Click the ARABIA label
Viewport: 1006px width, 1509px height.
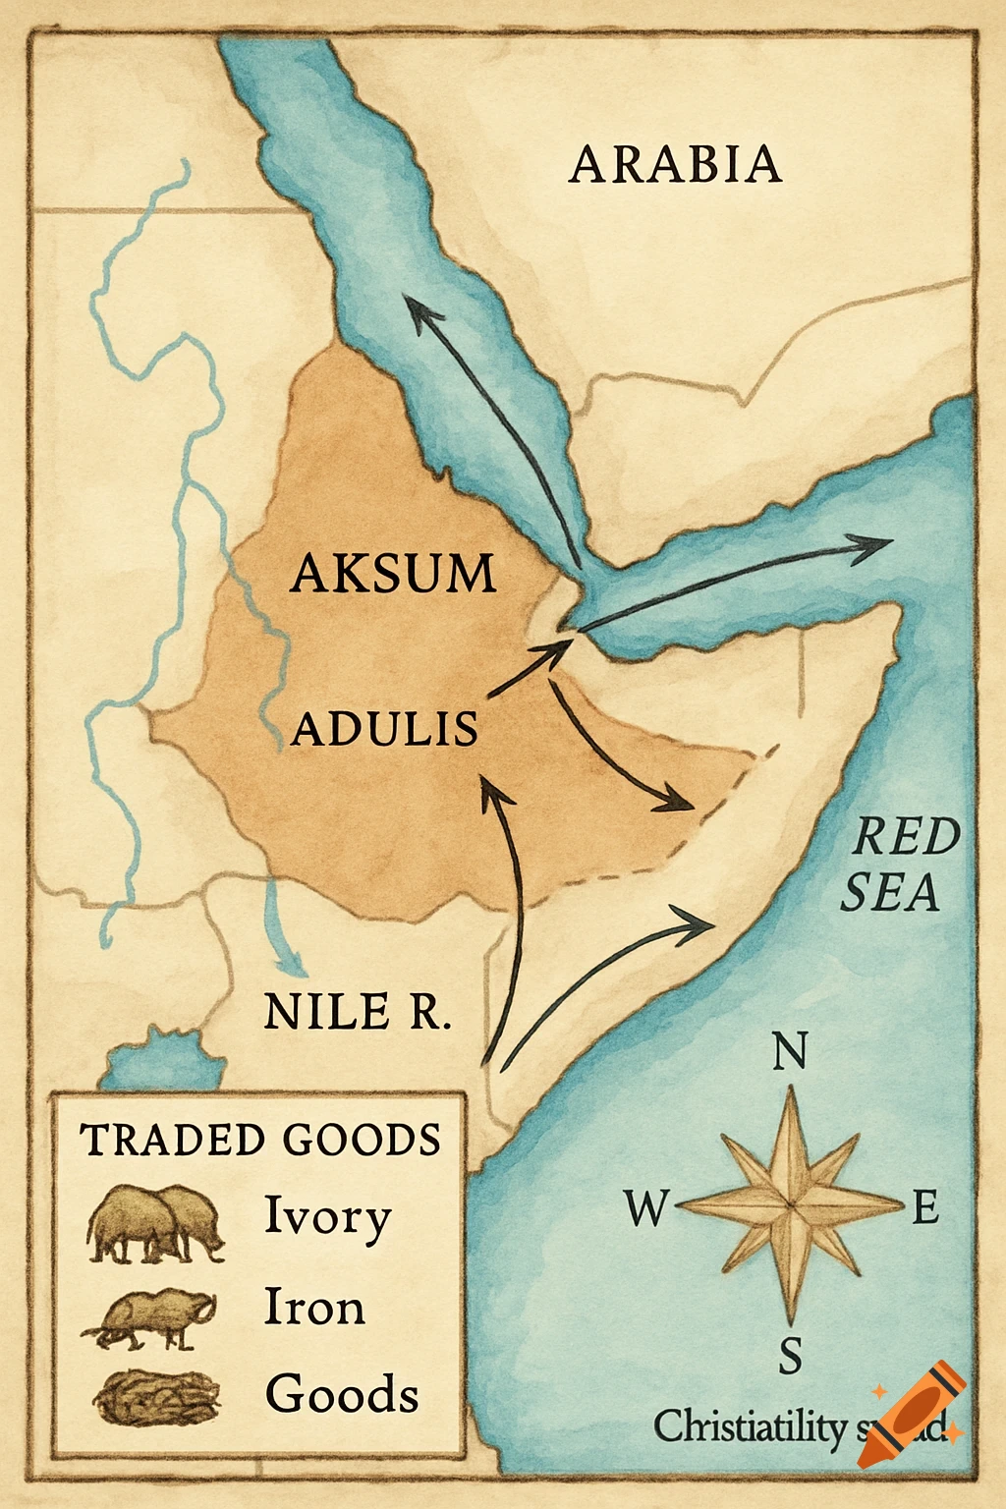(676, 164)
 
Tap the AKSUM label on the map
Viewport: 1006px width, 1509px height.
(393, 573)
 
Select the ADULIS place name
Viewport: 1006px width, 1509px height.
(385, 729)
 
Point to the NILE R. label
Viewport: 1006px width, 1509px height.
(358, 1011)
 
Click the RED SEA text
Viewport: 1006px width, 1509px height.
(896, 865)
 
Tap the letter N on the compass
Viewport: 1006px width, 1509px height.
(790, 1051)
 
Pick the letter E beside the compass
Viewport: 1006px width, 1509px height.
(925, 1207)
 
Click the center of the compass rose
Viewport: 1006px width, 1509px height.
(790, 1203)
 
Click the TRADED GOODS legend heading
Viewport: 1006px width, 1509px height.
(260, 1140)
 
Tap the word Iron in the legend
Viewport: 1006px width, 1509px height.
(314, 1308)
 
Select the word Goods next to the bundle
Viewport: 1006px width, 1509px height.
(342, 1394)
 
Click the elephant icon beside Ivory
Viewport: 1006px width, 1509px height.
(155, 1223)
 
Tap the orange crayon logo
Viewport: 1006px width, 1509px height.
(912, 1415)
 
